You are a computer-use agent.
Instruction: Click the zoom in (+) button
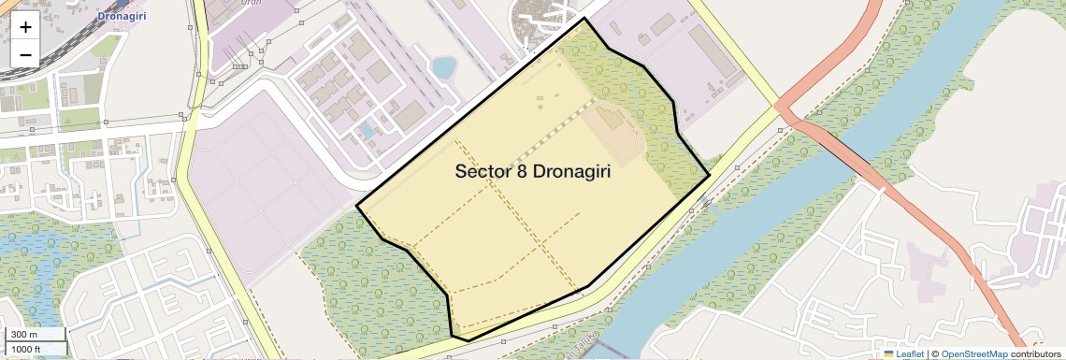pos(25,26)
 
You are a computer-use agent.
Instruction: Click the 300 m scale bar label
pos(24,335)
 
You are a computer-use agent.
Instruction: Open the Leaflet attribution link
pos(910,354)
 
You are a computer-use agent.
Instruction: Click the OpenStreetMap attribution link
pos(974,354)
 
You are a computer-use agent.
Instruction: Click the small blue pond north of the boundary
pos(443,67)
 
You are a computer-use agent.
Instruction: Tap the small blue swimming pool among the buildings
pos(367,131)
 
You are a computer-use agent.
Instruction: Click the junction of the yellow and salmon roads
pos(784,108)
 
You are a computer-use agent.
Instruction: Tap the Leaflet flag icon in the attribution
pos(889,354)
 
